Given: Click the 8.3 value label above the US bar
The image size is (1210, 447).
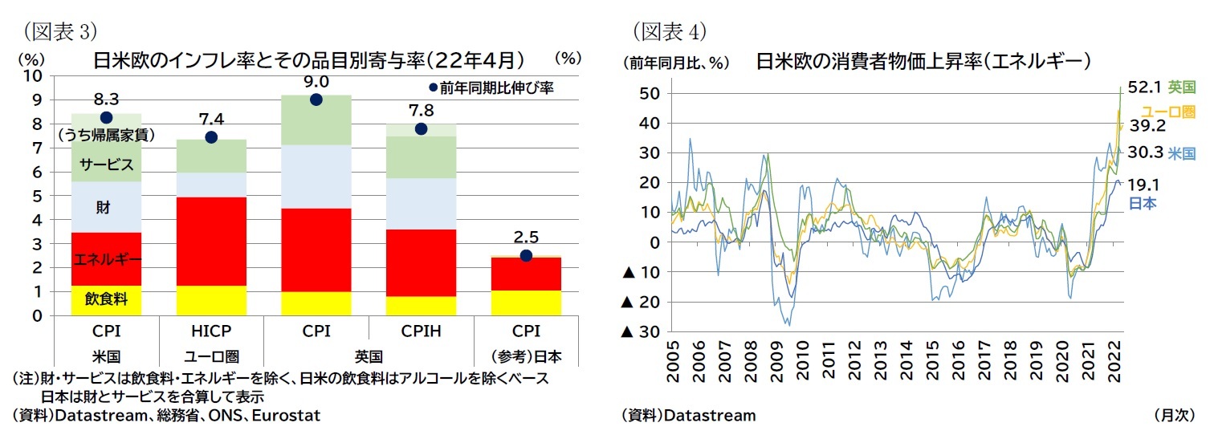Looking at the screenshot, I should click(106, 100).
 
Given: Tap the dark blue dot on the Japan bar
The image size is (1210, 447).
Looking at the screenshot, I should click(526, 255).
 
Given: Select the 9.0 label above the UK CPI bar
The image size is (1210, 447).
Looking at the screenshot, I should click(316, 82).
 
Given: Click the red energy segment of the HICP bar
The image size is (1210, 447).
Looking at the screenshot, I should click(211, 241).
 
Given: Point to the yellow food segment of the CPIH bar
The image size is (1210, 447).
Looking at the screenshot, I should click(421, 306).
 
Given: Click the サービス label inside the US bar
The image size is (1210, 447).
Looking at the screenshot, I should click(106, 165).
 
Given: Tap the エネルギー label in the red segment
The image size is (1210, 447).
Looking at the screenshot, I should click(107, 259).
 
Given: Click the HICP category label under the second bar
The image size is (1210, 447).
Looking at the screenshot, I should click(211, 331).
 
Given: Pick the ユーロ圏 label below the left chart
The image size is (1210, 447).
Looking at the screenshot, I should click(211, 356).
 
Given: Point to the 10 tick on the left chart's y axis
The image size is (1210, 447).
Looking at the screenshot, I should click(33, 76).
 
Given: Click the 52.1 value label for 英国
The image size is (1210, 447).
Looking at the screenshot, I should click(1145, 86).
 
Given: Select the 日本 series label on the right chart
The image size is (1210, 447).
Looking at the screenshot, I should click(1143, 203).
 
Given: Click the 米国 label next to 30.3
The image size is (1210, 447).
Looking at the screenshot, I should click(1181, 152).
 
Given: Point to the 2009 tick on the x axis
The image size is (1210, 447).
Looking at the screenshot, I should click(777, 362).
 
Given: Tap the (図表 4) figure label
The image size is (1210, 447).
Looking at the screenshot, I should click(669, 31).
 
